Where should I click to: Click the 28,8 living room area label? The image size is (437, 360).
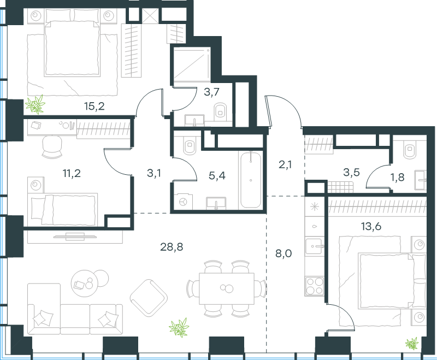pos(172,247)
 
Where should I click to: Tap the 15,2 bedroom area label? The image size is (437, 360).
pos(94,106)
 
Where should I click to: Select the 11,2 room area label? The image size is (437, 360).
pos(72,173)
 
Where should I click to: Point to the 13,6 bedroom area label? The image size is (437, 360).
pos(371,227)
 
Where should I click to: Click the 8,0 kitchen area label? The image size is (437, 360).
pos(284,253)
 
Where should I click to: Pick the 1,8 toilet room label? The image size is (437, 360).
pos(398,177)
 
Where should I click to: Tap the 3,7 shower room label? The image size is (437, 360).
pos(211,92)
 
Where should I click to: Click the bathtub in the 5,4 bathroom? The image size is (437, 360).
pos(251,180)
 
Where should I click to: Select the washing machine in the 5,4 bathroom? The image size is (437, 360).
pos(184,202)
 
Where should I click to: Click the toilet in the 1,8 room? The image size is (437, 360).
pos(409,149)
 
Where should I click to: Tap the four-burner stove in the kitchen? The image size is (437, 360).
pos(315,286)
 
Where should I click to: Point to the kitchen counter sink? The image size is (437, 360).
pos(315,246)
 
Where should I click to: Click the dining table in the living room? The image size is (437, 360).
pos(227,288)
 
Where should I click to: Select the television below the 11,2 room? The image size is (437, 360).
pos(75,237)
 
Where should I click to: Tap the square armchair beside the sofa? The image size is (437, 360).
pos(149,298)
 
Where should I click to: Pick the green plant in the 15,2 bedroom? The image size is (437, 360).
pos(35,104)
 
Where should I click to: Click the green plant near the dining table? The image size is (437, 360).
pos(179,328)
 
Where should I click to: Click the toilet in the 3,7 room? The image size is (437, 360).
pos(221,112)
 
